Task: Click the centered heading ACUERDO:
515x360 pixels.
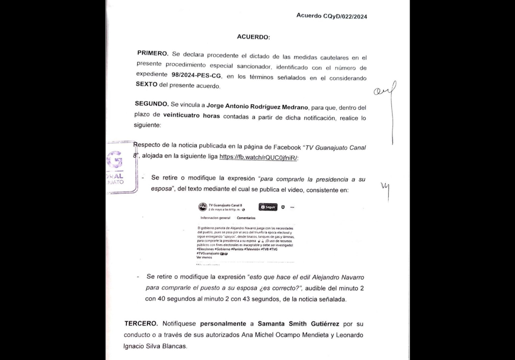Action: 253,37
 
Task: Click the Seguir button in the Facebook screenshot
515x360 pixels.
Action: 268,207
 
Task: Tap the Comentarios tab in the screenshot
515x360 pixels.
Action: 246,218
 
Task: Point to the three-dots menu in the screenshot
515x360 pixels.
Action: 292,207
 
